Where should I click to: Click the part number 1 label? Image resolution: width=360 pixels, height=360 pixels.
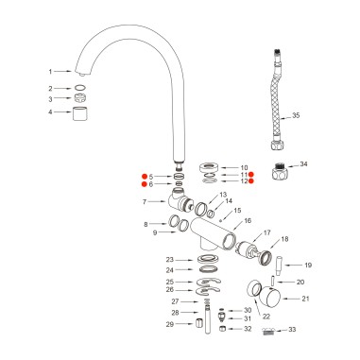tap(50, 71)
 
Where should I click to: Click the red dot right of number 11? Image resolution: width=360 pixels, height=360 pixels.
tap(251, 175)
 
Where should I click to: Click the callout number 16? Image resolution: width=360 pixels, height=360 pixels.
tap(248, 222)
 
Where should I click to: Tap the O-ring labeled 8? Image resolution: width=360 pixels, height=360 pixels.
tap(175, 224)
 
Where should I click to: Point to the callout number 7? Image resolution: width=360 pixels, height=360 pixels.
tap(144, 202)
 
